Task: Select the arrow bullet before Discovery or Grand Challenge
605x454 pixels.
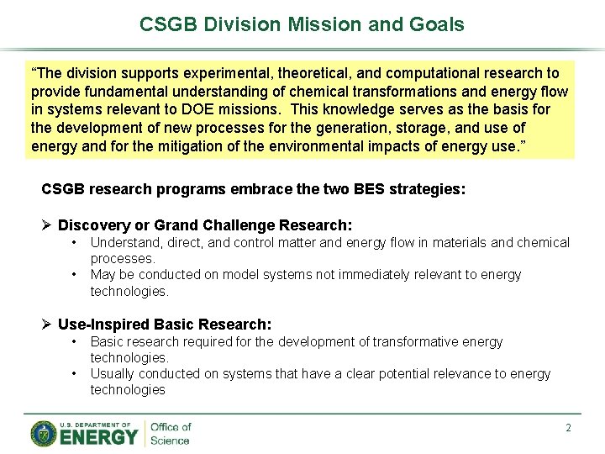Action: [x=48, y=225]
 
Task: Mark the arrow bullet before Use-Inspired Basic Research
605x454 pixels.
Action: [x=48, y=325]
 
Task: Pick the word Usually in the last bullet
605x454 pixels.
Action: [x=113, y=374]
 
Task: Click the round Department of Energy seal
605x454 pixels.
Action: [x=44, y=434]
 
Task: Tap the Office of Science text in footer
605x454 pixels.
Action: [x=170, y=434]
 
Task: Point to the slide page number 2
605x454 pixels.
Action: [x=568, y=428]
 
